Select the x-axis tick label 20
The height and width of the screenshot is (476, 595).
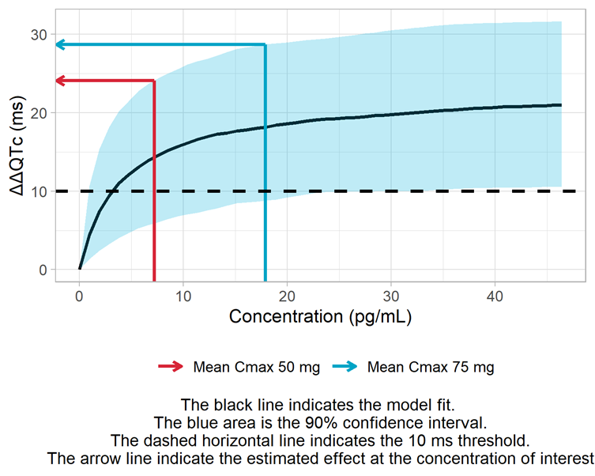coord(287,296)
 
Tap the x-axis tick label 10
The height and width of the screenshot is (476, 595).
coord(183,296)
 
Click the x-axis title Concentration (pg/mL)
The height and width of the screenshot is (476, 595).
coord(320,317)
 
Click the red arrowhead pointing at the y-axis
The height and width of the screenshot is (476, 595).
coord(60,81)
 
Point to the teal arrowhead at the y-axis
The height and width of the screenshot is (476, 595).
coord(60,45)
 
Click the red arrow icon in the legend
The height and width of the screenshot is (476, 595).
coord(170,367)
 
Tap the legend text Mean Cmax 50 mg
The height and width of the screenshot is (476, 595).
coord(245,367)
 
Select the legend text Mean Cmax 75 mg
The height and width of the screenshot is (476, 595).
coord(431,367)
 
